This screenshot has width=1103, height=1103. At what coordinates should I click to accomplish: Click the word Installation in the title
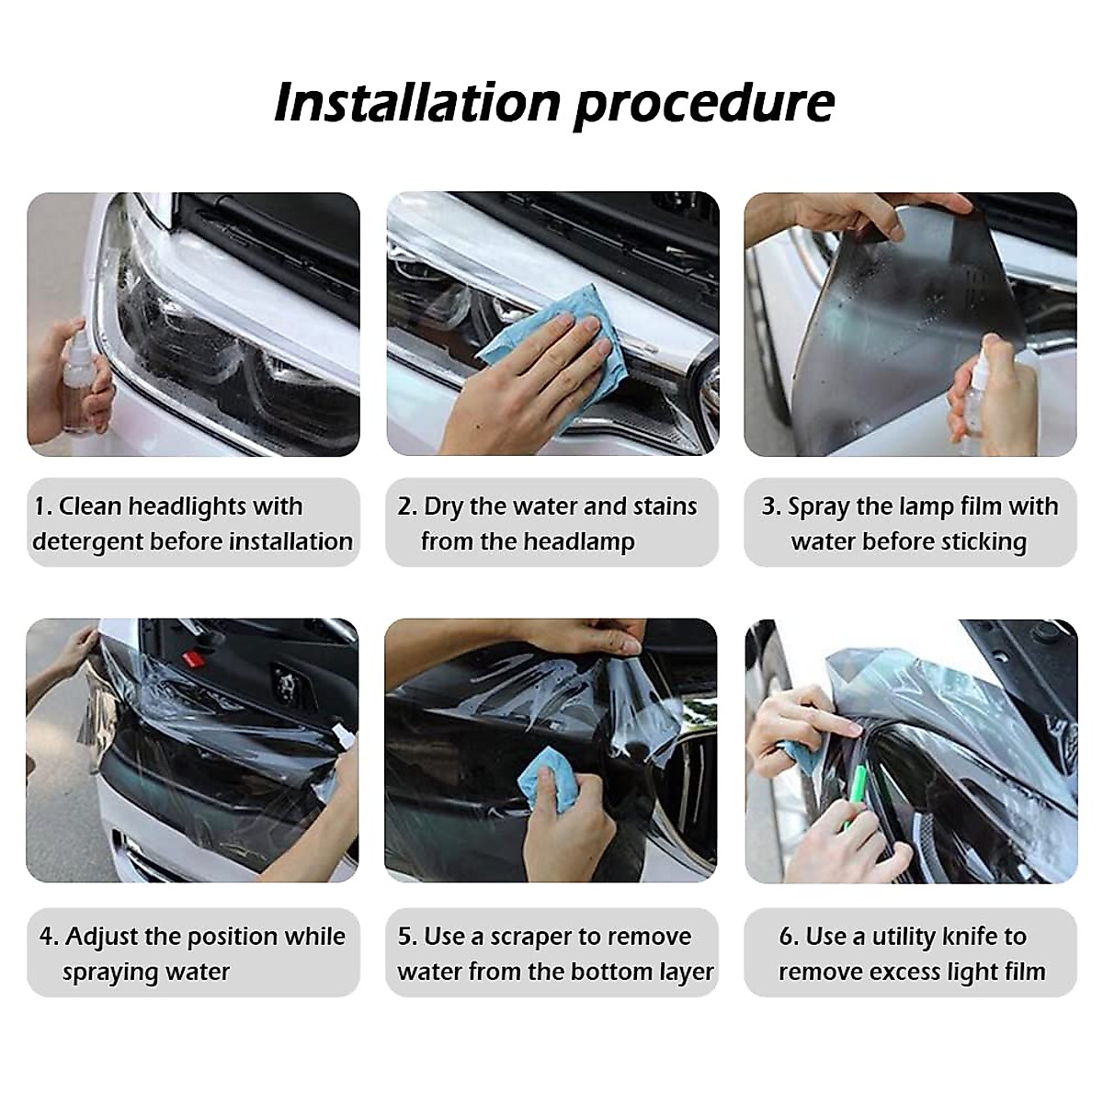(416, 102)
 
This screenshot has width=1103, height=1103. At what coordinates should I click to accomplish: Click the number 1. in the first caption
(43, 506)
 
